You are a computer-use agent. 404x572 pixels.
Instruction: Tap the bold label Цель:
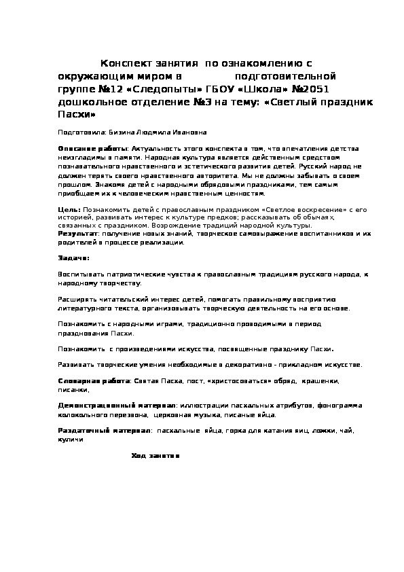[69, 210]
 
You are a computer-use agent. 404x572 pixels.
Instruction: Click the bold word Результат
[78, 232]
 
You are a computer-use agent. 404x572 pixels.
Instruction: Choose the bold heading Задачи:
[73, 258]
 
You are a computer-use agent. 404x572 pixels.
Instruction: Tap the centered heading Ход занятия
[155, 455]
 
